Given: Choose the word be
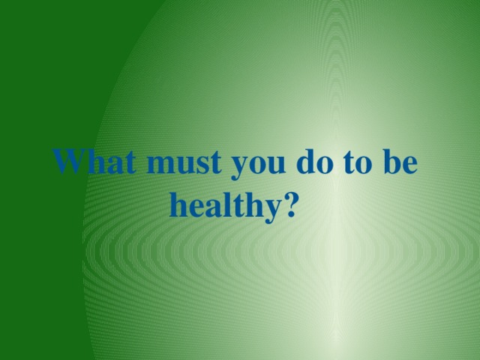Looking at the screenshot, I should point(399,163).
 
